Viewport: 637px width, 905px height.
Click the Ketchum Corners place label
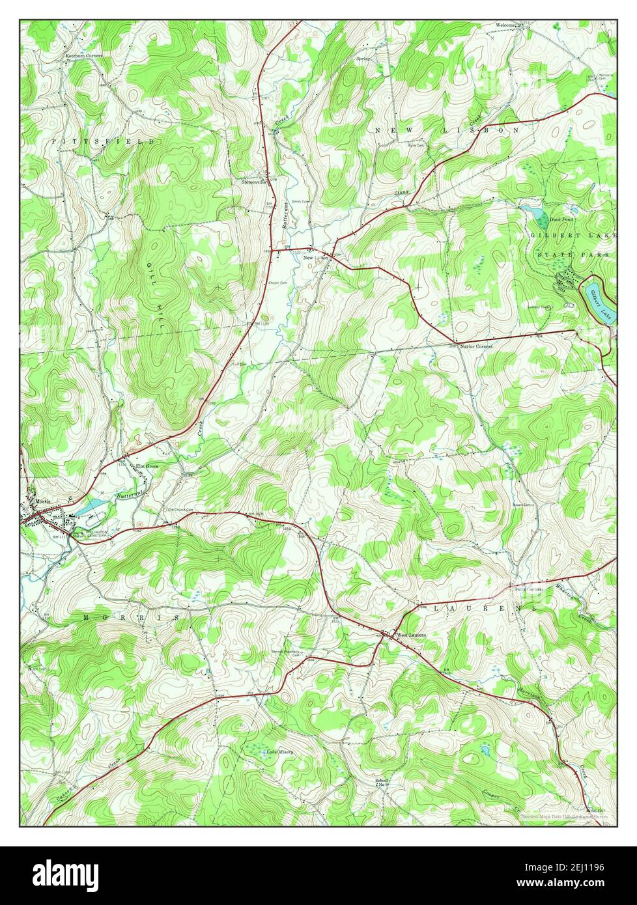click(x=84, y=56)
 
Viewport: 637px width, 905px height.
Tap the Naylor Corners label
click(x=476, y=347)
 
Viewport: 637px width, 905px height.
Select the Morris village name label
click(x=42, y=501)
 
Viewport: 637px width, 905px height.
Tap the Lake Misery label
click(x=279, y=751)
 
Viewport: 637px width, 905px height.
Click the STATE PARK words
click(x=573, y=255)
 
